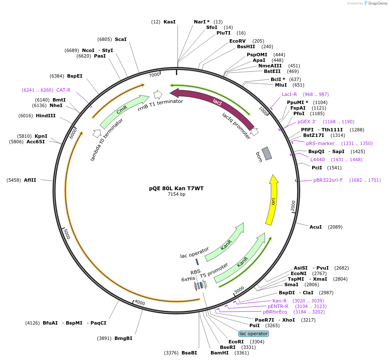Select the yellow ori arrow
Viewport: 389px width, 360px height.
point(272,200)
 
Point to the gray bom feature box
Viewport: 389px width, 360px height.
point(267,154)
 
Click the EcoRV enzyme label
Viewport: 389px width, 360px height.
point(237,41)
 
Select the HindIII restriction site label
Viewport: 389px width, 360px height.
point(46,116)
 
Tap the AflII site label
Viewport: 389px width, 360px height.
point(30,180)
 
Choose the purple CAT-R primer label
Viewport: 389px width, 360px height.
point(63,90)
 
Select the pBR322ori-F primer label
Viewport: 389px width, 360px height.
point(328,180)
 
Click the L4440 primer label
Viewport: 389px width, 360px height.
point(318,160)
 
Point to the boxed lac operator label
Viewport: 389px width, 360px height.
point(254,334)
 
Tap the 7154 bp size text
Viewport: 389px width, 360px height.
point(176,195)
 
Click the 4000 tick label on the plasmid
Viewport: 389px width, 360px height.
point(140,302)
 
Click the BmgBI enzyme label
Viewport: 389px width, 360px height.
point(123,338)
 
